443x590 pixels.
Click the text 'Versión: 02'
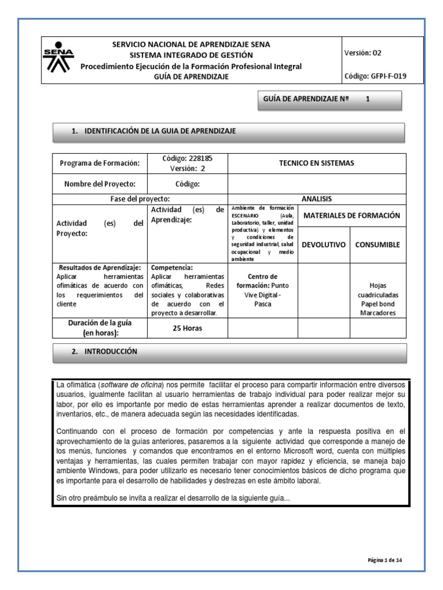362,52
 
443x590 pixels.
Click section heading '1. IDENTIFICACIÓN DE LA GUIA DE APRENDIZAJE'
154,131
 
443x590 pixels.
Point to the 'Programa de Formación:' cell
100,163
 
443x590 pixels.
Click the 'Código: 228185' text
187,158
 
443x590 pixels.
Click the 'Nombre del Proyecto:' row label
100,184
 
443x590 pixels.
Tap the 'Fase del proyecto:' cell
141,198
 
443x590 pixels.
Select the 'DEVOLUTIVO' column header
323,244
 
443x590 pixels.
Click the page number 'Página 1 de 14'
388,558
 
